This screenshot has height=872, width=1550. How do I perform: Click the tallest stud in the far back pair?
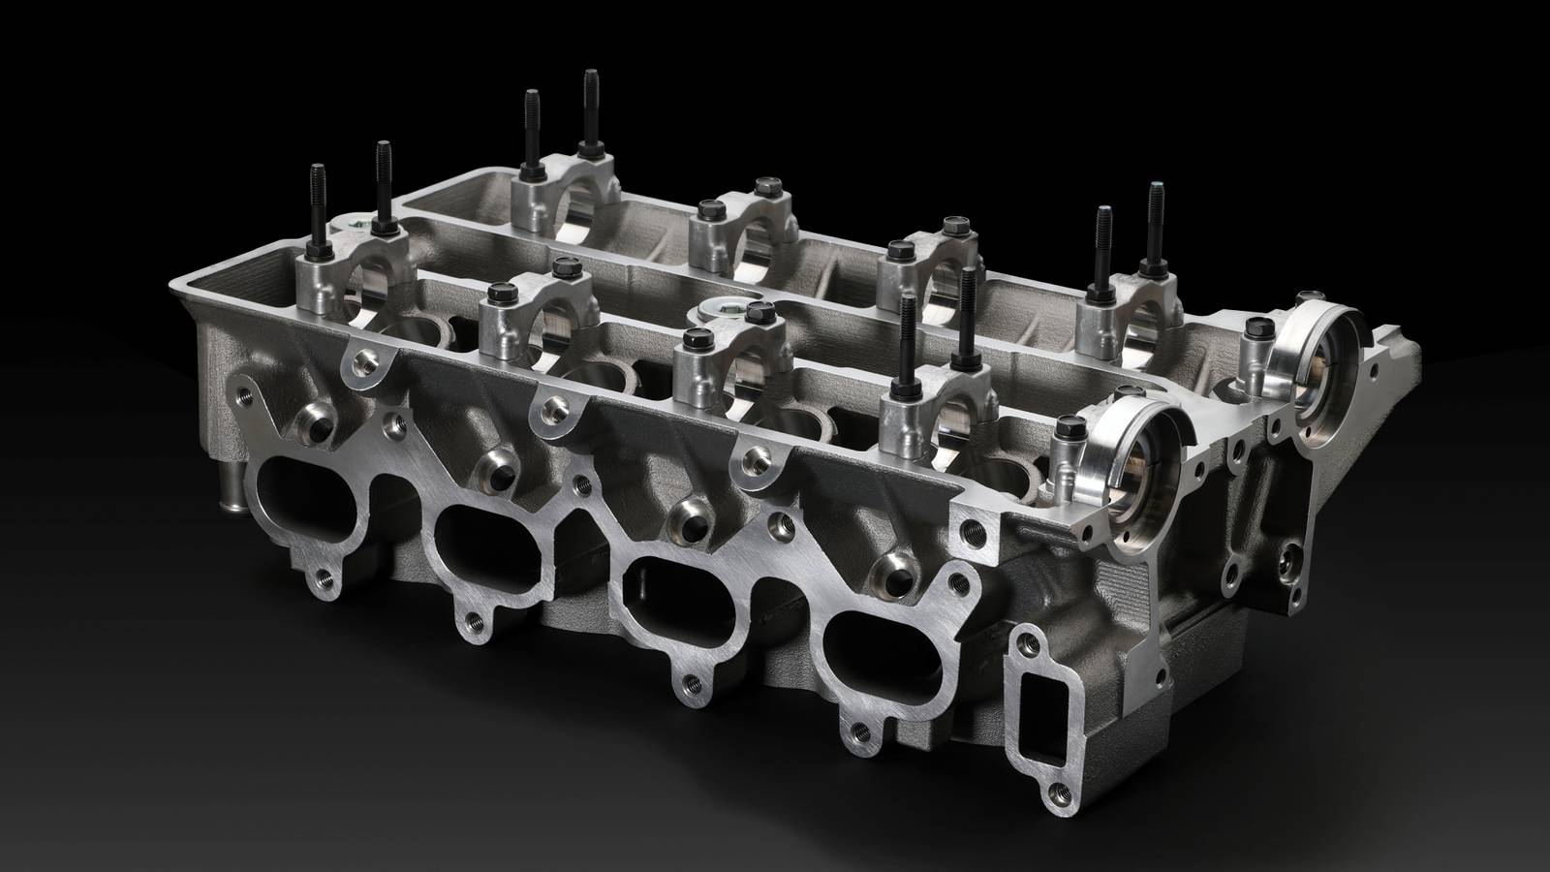pos(590,107)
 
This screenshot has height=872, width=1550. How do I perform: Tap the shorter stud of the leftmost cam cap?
pos(318,208)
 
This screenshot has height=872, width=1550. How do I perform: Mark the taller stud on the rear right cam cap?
pos(1155,223)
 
